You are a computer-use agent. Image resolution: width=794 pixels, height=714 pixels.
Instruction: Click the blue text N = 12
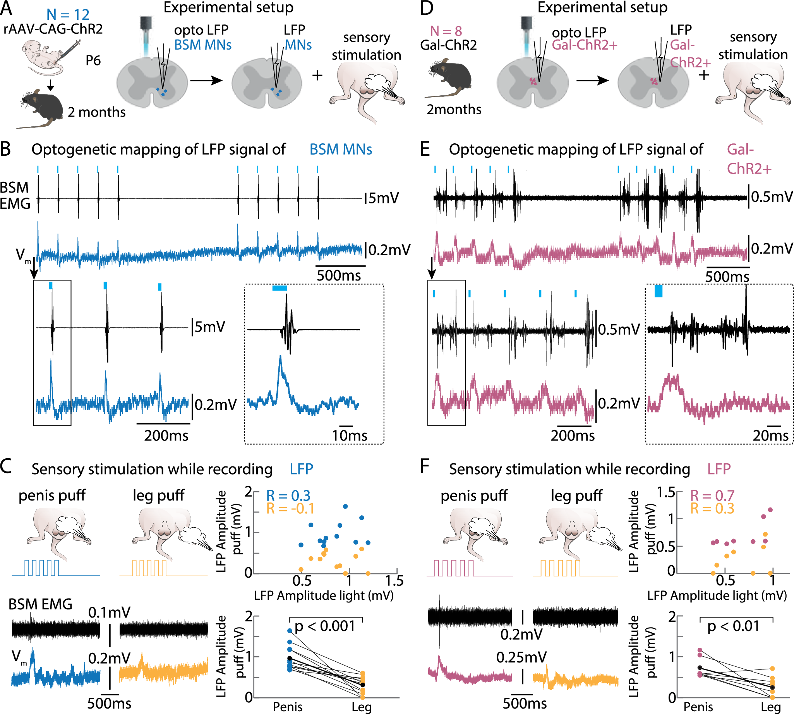coord(68,15)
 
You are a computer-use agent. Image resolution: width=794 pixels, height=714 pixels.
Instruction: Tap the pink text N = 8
coord(446,31)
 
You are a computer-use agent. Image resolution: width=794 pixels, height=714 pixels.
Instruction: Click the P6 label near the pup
coord(93,60)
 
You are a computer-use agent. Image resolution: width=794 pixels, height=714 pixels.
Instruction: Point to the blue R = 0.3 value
coord(288,495)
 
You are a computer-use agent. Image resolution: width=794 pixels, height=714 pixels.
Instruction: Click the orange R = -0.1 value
coord(290,508)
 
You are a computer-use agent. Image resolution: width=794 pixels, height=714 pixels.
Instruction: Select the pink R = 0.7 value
coord(712,495)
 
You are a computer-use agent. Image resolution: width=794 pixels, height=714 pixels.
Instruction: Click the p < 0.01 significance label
coord(733,626)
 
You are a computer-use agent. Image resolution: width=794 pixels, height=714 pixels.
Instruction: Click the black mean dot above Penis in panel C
coord(290,658)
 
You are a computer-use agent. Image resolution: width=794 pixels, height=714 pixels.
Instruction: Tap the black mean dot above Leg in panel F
coord(772,688)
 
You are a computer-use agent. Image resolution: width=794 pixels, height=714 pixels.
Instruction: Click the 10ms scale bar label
coord(349,435)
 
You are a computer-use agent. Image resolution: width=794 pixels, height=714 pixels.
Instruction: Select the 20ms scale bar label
coord(770,435)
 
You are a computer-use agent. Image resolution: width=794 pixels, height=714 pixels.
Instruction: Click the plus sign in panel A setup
coord(317,75)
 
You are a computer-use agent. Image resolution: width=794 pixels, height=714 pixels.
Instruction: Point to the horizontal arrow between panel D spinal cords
coord(592,81)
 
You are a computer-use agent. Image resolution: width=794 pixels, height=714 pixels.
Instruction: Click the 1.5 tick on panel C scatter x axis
coord(394,581)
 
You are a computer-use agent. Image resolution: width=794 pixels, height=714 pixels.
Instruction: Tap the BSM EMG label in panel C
coord(40,604)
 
